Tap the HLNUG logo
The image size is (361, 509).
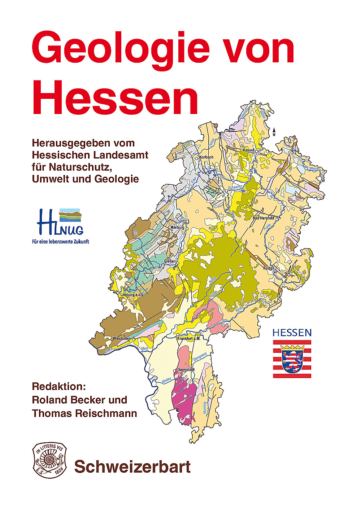[60, 221]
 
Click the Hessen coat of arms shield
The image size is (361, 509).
[292, 359]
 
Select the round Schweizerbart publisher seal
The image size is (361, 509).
[49, 461]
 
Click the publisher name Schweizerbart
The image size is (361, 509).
[132, 467]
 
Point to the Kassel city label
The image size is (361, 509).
[248, 150]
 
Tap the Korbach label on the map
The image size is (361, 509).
[206, 157]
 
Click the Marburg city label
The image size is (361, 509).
[177, 227]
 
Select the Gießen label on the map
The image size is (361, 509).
[170, 261]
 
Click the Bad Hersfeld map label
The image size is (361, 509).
[263, 218]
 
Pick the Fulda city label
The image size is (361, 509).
[268, 268]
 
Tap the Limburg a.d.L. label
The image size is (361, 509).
[132, 295]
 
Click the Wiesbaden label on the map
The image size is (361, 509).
[122, 338]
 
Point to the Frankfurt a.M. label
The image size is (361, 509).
[188, 339]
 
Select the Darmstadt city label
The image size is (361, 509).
[186, 370]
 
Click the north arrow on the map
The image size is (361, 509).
[274, 132]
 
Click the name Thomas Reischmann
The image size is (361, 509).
[84, 413]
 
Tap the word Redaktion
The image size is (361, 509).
[59, 386]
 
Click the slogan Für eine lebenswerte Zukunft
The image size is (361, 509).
[60, 241]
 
